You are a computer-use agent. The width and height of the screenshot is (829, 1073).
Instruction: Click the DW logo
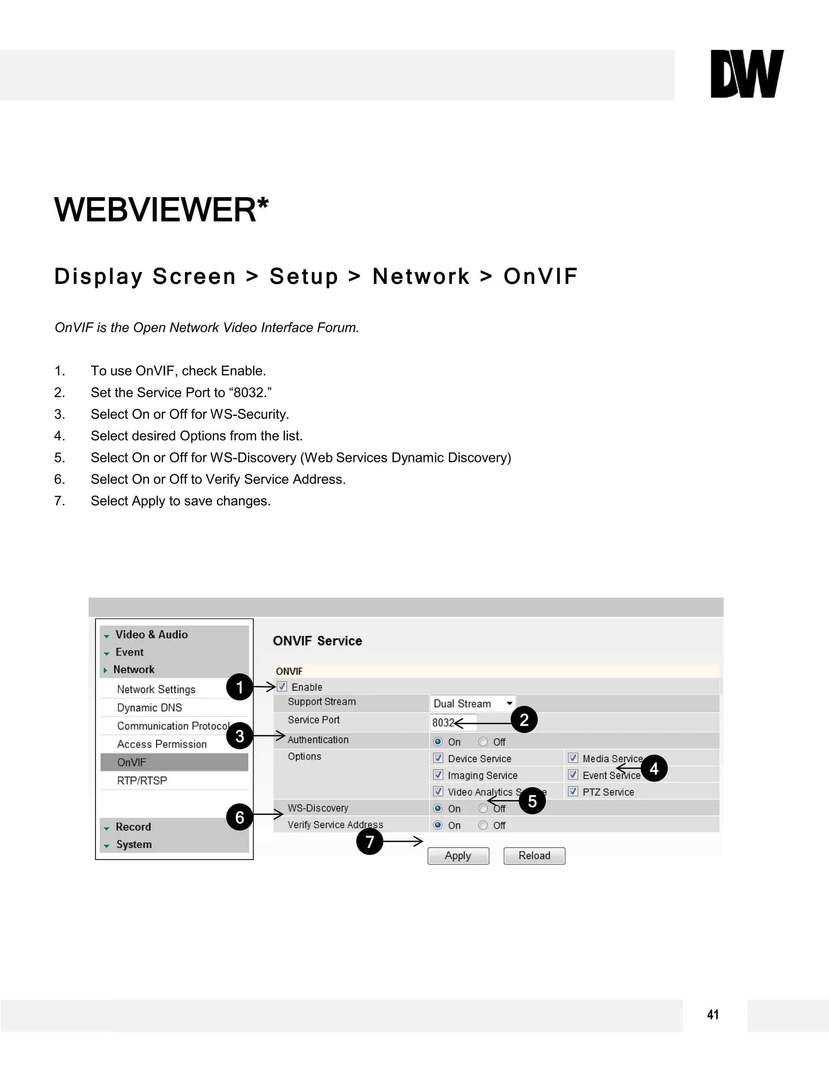(x=746, y=74)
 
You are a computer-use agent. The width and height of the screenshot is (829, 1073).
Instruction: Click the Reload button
(x=534, y=855)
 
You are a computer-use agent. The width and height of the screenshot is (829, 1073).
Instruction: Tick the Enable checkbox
(x=282, y=686)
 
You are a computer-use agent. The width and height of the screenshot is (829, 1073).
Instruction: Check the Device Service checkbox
(x=438, y=758)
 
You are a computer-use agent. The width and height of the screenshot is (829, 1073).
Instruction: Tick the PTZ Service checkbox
(x=573, y=792)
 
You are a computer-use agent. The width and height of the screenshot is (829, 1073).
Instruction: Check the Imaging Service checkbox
(x=438, y=775)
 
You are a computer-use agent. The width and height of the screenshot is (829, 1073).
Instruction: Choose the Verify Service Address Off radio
(x=483, y=825)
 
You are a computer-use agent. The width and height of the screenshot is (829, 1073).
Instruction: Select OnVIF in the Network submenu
(x=132, y=762)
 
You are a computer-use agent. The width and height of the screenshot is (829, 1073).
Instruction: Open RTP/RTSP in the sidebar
(x=142, y=780)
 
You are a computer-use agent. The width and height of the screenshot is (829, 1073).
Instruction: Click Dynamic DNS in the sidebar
(x=149, y=707)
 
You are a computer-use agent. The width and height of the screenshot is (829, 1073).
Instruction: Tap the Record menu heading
(x=133, y=827)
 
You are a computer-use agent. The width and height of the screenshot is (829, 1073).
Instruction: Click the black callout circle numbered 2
(x=524, y=720)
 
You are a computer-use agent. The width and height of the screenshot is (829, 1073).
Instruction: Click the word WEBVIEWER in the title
(x=155, y=210)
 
